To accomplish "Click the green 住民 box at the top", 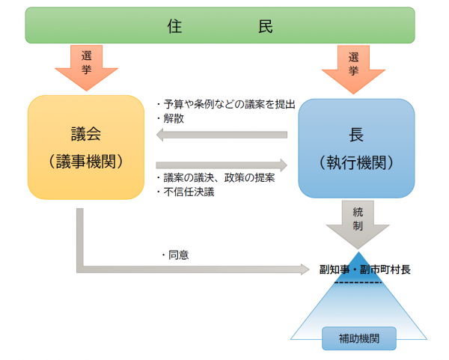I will click(x=219, y=25).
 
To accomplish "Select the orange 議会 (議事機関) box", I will click(x=86, y=147).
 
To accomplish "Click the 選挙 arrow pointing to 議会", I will click(x=86, y=65).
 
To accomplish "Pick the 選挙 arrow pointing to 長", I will click(x=354, y=66).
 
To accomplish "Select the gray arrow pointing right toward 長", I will click(x=222, y=165).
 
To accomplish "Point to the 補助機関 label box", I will click(x=359, y=338).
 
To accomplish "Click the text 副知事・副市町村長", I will click(x=364, y=269).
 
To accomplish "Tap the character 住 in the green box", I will click(x=174, y=25).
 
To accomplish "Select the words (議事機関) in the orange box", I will click(x=86, y=161).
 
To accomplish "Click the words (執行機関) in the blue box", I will click(x=357, y=162).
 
